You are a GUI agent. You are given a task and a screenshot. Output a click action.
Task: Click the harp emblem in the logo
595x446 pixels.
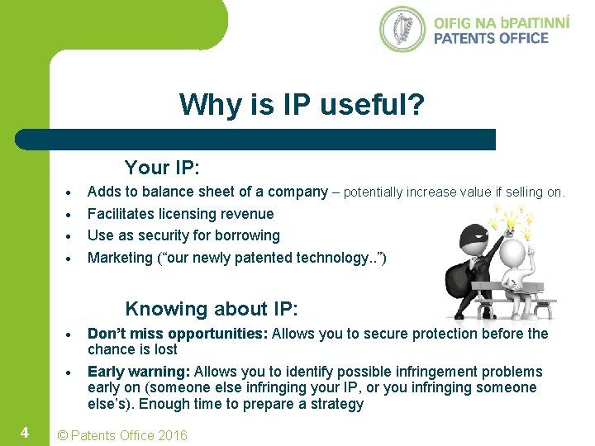click(402, 29)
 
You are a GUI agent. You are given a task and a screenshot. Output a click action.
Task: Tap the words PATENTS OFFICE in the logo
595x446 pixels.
click(491, 37)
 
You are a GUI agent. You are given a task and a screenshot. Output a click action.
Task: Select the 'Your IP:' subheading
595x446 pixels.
click(162, 168)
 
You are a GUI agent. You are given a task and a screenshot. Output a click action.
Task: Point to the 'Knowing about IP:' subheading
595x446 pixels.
click(211, 309)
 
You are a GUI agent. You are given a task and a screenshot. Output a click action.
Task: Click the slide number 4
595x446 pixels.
click(25, 432)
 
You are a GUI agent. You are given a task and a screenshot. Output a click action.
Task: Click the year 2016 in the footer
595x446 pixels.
click(171, 435)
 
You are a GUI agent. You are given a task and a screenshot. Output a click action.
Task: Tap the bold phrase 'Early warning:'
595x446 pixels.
click(139, 372)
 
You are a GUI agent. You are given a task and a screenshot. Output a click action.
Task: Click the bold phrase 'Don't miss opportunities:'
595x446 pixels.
click(177, 334)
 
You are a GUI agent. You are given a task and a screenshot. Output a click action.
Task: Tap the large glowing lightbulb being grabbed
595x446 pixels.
click(511, 223)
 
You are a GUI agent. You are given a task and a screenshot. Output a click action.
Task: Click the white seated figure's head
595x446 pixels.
click(513, 253)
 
